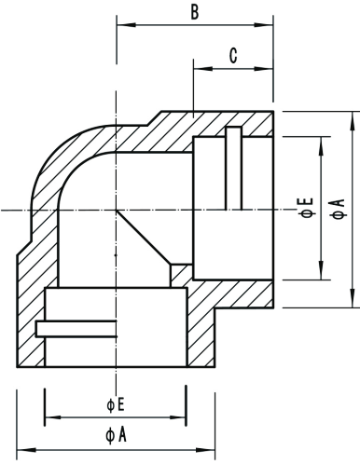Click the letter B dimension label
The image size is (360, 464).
click(x=194, y=12)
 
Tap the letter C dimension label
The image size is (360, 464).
click(x=233, y=56)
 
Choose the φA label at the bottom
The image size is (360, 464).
click(x=116, y=434)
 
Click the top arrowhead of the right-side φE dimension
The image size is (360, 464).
click(x=322, y=140)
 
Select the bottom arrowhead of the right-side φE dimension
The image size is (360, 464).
click(x=322, y=276)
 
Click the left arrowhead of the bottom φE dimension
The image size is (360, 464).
click(x=49, y=416)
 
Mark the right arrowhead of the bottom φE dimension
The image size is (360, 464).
click(x=184, y=416)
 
